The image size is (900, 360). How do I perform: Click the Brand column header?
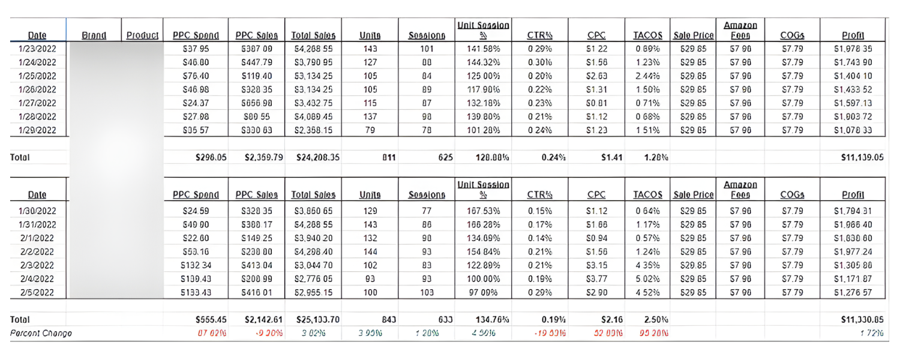point(94,36)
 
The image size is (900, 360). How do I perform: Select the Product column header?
point(142,36)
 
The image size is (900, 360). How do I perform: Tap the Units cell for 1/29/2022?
point(370,129)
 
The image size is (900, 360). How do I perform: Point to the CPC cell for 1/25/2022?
point(596,75)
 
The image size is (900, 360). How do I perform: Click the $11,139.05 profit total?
point(856,158)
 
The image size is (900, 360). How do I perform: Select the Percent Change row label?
point(41,333)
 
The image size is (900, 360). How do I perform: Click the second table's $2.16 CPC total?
point(611,320)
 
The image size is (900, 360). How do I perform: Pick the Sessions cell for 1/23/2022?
point(427,49)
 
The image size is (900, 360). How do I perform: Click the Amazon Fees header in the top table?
point(740,31)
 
